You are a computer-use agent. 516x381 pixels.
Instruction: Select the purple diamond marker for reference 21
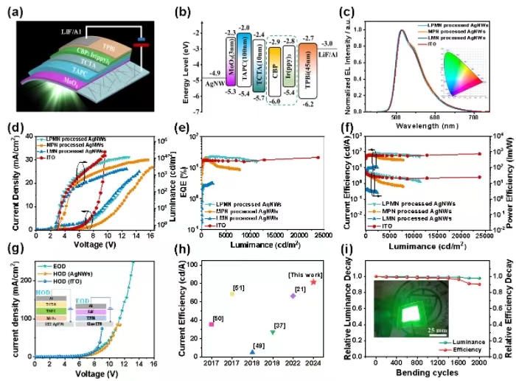pyautogui.click(x=293, y=296)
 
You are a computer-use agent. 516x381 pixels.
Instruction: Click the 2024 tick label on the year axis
pyautogui.click(x=313, y=363)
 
